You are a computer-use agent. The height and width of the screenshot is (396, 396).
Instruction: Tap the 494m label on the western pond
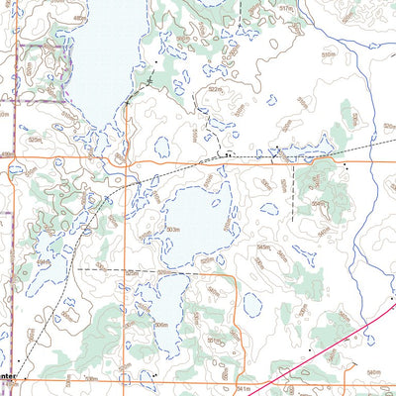click(x=45, y=261)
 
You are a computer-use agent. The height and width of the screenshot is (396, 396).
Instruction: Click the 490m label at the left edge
click(x=7, y=154)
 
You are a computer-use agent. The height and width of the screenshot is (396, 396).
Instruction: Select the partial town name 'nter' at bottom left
click(x=8, y=376)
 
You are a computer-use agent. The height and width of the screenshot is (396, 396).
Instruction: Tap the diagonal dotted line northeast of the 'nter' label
click(x=59, y=317)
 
